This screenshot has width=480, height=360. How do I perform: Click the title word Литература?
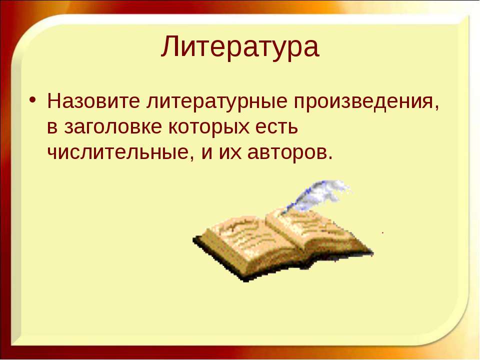pos(240,46)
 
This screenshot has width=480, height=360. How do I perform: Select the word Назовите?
pos(93,100)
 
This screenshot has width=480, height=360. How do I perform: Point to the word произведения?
pos(363,102)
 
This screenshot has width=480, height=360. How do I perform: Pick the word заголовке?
pos(112,127)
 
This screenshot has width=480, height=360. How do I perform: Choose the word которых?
pos(209,128)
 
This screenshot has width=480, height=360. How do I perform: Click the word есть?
pos(276,127)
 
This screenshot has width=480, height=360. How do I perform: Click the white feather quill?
pos(318,196)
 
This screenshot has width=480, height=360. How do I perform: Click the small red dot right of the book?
pos(382,232)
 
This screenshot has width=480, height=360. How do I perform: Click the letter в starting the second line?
pos(52,128)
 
